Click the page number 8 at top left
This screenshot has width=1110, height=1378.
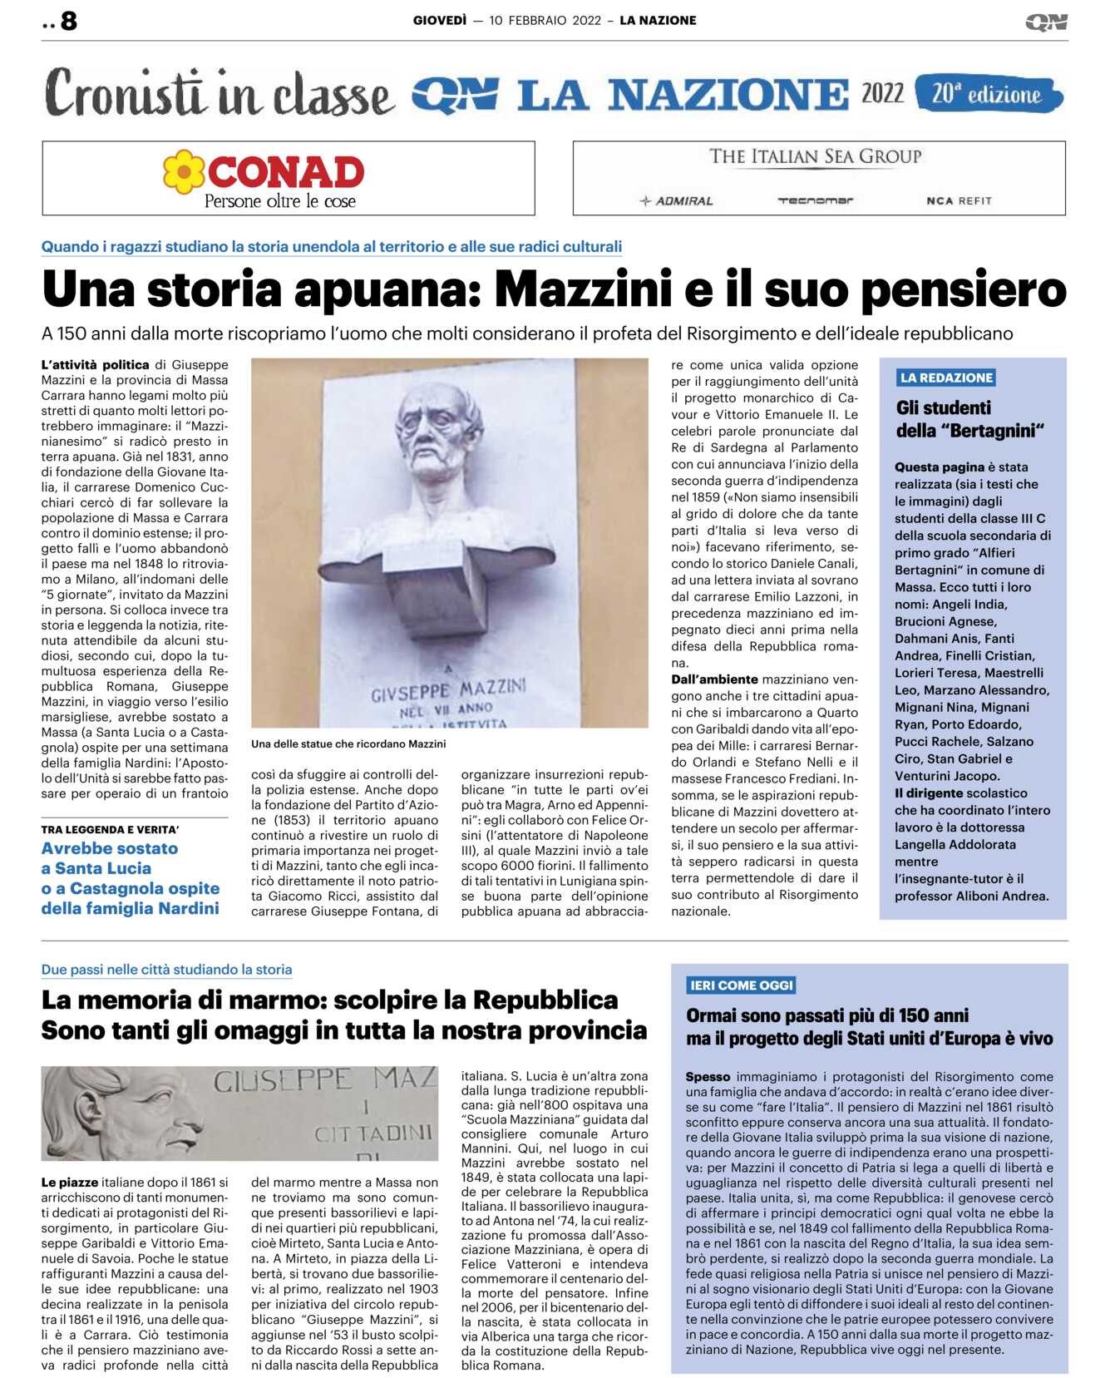(x=68, y=21)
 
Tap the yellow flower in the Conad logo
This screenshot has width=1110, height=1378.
(x=183, y=172)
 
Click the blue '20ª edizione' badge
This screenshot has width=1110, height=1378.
(x=987, y=94)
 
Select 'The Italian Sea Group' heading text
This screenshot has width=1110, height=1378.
(x=815, y=156)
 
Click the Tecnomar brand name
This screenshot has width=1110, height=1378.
(x=815, y=200)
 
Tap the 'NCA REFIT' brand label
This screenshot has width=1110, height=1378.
(x=959, y=200)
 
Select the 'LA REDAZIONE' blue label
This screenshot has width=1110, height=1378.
(x=946, y=378)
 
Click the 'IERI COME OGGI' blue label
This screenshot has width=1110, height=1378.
(x=742, y=985)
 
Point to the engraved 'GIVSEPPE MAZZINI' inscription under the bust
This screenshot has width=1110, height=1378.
(x=448, y=690)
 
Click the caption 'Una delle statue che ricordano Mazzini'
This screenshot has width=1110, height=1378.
(x=348, y=744)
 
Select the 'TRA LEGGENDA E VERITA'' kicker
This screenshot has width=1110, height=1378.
(x=110, y=829)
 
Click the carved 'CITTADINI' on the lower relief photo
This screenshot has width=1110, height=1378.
(x=373, y=1134)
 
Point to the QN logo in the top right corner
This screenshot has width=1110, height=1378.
(x=1046, y=22)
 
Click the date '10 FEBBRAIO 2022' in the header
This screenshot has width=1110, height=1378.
(x=545, y=21)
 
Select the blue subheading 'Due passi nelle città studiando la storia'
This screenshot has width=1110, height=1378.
(x=166, y=970)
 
